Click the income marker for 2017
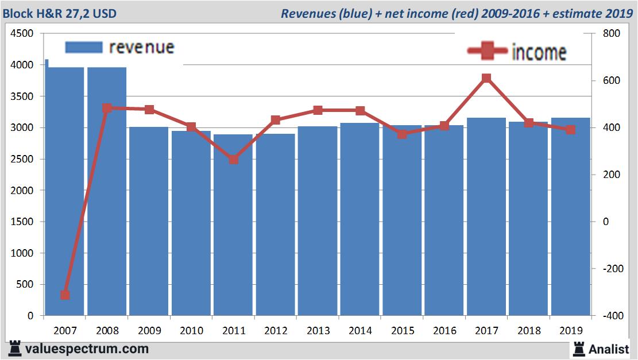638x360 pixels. click(x=486, y=78)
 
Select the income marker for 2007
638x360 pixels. click(x=65, y=295)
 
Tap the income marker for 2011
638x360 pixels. click(x=233, y=160)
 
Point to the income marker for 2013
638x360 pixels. click(x=318, y=110)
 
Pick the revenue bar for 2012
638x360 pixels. click(x=276, y=224)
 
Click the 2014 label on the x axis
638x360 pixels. click(x=360, y=331)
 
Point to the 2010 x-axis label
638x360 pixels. click(x=191, y=331)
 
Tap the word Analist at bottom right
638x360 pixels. click(x=609, y=349)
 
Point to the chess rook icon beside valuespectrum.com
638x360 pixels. click(x=16, y=349)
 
